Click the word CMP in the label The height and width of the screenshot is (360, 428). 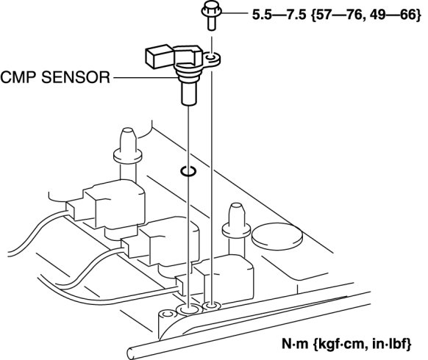click(19, 77)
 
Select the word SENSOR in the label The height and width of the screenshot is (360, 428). click(76, 77)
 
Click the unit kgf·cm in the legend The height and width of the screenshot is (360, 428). click(339, 345)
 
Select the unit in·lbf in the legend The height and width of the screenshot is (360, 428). click(386, 344)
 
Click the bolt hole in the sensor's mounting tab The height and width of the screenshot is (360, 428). click(211, 57)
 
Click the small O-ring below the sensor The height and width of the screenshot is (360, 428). click(188, 171)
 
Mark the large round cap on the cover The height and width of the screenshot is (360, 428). click(277, 237)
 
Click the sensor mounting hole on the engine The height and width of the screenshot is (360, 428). click(189, 309)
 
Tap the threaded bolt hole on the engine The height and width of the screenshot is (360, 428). click(212, 306)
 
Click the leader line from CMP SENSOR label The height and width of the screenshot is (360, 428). click(145, 78)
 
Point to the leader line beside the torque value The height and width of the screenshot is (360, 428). click(234, 12)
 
